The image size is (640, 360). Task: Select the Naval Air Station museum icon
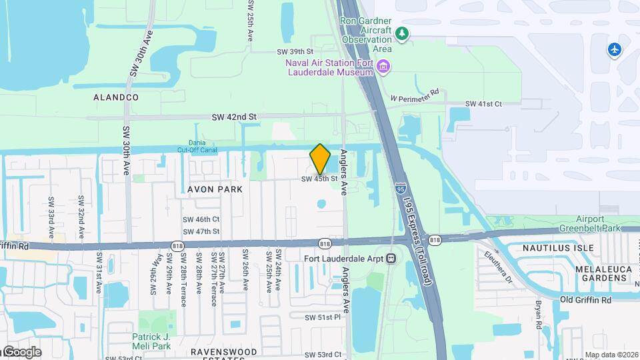point(383,67)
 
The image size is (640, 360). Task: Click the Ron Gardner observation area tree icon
point(401,33)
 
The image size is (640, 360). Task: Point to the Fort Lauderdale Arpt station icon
point(391,259)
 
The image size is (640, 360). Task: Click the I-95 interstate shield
point(401,189)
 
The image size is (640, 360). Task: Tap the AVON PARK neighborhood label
point(215,189)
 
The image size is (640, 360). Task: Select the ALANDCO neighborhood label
point(116,97)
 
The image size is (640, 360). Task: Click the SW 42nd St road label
point(234,117)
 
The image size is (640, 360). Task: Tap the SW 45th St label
point(319,179)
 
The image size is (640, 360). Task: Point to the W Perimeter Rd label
point(415,95)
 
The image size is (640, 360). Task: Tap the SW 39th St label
point(295,51)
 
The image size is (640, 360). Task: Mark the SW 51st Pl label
point(323,317)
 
